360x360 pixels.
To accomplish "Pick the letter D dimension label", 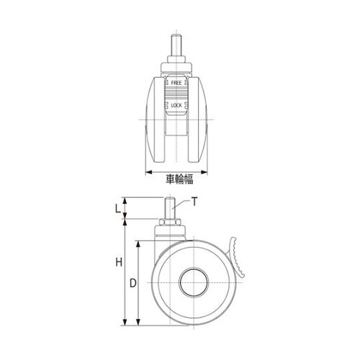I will (x=133, y=284).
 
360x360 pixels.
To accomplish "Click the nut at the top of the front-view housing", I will (x=176, y=66).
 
